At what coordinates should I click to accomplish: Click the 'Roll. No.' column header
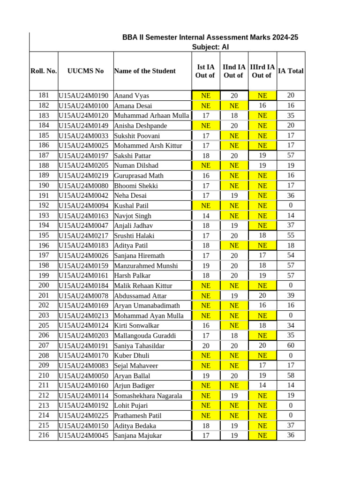pyautogui.click(x=44, y=71)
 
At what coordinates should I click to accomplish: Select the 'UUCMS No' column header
pyautogui.click(x=85, y=71)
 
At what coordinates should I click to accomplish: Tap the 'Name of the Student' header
pyautogui.click(x=144, y=71)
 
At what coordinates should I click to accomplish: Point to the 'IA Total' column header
pyautogui.click(x=291, y=71)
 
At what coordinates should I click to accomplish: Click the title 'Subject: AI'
pyautogui.click(x=210, y=47)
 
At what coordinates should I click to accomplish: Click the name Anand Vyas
pyautogui.click(x=132, y=96)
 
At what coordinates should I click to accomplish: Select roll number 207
pyautogui.click(x=44, y=345)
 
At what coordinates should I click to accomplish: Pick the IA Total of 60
pyautogui.click(x=291, y=345)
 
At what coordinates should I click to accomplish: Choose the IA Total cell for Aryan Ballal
pyautogui.click(x=291, y=375)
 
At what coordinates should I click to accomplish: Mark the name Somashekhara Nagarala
pyautogui.click(x=148, y=396)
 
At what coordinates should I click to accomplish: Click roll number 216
pyautogui.click(x=44, y=435)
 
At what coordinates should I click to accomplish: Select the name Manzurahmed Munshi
pyautogui.click(x=146, y=266)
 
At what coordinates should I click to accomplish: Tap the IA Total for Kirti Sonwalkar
pyautogui.click(x=291, y=325)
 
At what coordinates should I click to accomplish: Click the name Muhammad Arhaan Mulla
pyautogui.click(x=151, y=115)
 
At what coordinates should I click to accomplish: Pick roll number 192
pyautogui.click(x=44, y=205)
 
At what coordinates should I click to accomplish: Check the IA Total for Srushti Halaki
pyautogui.click(x=291, y=235)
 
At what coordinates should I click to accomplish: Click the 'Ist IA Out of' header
pyautogui.click(x=205, y=71)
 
